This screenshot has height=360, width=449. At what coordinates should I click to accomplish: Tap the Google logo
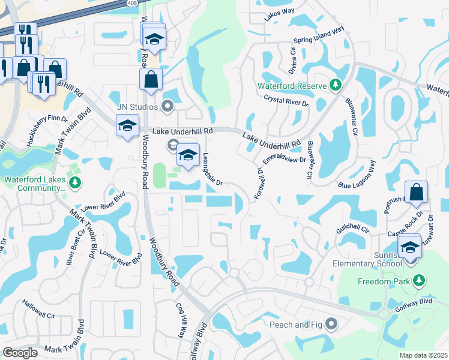pyautogui.click(x=20, y=352)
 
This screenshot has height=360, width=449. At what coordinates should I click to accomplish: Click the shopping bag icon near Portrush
pyautogui.click(x=416, y=192)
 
